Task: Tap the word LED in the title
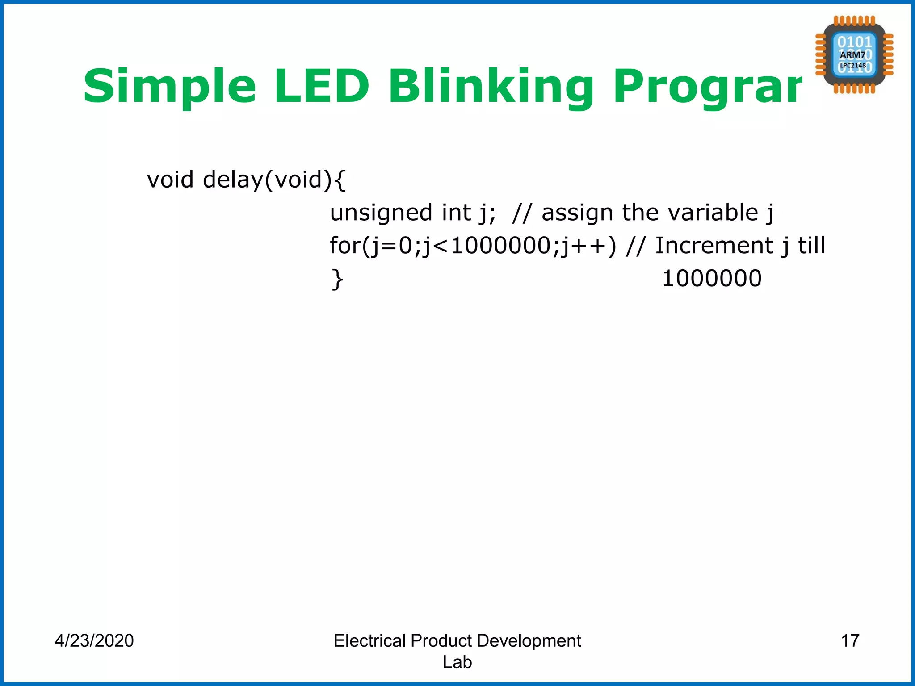(x=322, y=86)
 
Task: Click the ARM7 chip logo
(x=854, y=54)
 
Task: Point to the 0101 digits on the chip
(x=854, y=42)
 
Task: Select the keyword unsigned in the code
(x=381, y=213)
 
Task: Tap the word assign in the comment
(x=577, y=213)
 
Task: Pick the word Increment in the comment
(x=714, y=246)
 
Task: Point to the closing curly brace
(x=337, y=280)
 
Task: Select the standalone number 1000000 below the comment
(x=711, y=279)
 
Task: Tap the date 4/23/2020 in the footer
(x=94, y=640)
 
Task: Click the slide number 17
(x=850, y=640)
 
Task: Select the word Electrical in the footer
(x=369, y=640)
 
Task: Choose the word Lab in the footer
(x=457, y=662)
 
